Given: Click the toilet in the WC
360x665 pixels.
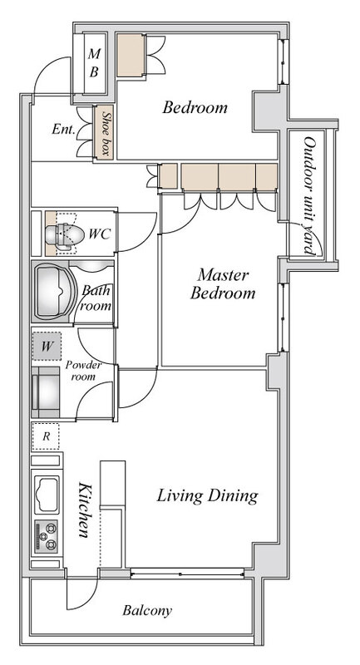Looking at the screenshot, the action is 59,234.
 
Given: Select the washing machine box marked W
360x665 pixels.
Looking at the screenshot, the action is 47,346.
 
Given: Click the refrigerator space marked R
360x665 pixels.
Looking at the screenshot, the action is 46,436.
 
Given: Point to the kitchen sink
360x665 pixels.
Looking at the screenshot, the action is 47,495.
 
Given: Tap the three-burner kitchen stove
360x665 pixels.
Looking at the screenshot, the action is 46,536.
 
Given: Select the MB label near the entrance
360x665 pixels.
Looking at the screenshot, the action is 94,63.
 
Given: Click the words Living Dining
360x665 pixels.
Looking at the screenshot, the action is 207,495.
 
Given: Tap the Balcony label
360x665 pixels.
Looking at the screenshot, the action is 147,611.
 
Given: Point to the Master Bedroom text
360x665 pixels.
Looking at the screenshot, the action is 223,284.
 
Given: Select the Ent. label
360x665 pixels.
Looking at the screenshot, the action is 64,129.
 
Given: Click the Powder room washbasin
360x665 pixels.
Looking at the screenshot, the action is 47,392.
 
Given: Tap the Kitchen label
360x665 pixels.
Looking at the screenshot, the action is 84,510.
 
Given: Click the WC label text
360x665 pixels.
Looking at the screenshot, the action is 99,234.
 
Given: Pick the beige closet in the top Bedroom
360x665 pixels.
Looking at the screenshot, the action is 131,56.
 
